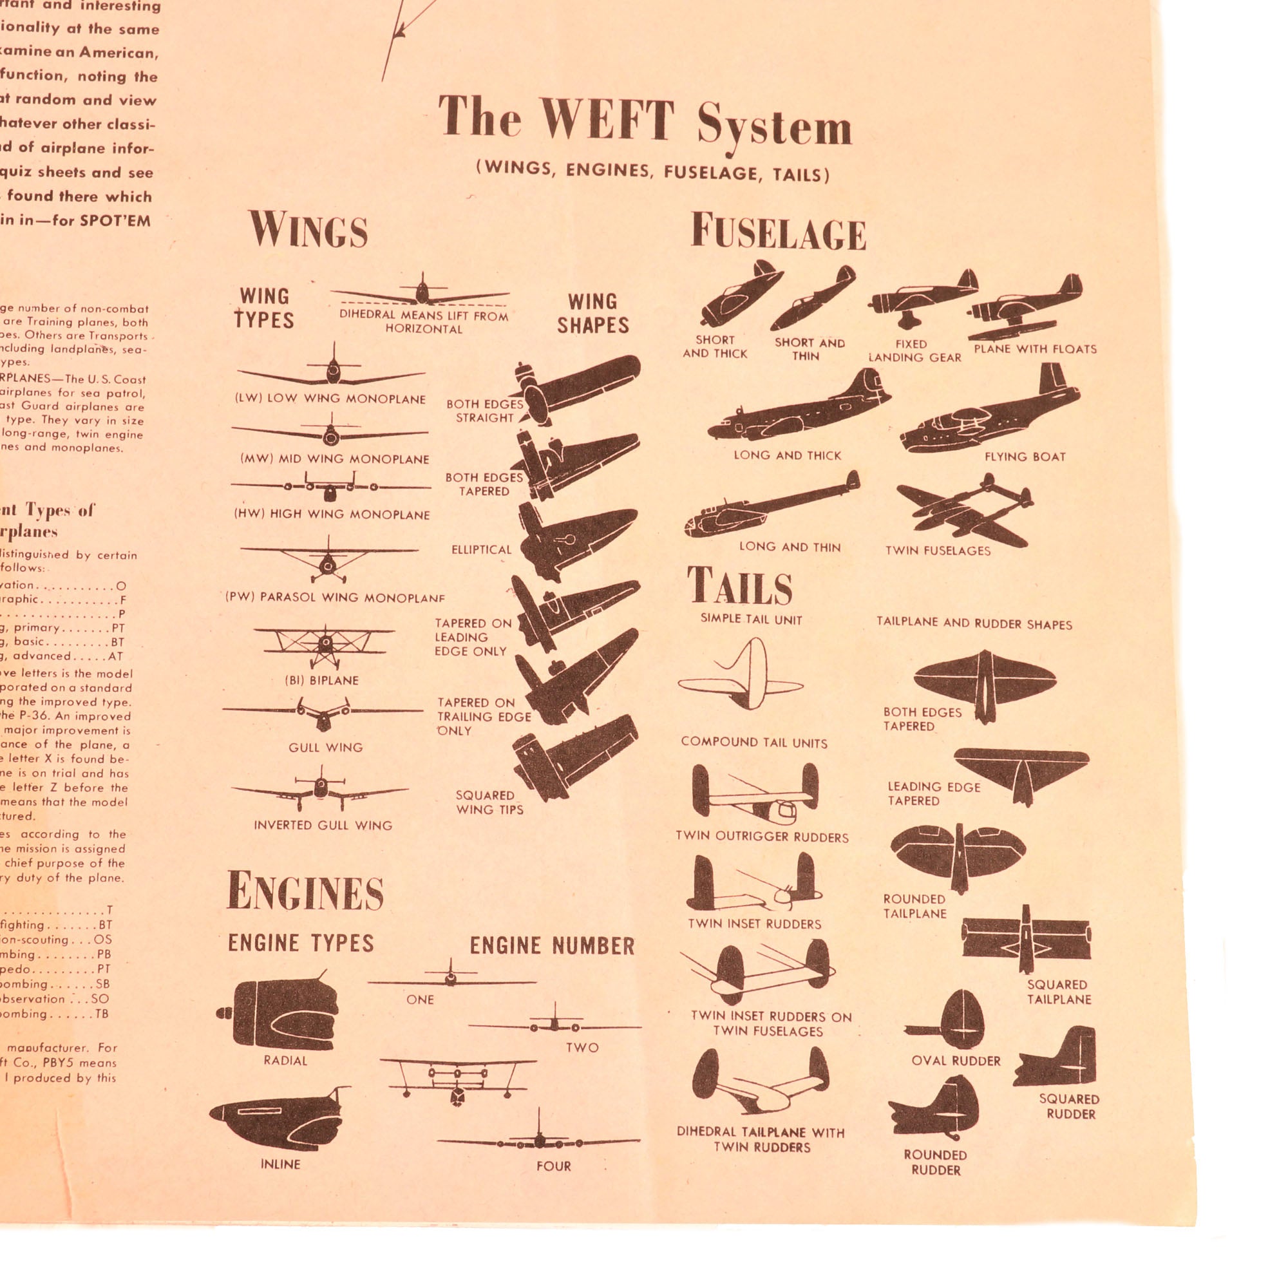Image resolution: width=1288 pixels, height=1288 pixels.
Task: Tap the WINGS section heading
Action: point(308,231)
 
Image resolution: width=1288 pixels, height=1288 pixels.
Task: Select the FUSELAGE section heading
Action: point(778,232)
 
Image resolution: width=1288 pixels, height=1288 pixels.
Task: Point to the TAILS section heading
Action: point(739,586)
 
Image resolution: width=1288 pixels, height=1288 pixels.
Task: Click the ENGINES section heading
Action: point(305,891)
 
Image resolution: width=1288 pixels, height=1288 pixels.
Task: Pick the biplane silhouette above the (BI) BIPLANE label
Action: point(325,645)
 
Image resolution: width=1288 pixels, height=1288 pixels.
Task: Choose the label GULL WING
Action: point(325,747)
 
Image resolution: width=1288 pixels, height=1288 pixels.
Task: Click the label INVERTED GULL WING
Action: point(323,826)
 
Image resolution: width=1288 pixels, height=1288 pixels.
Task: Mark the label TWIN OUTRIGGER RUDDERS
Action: point(761,837)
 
